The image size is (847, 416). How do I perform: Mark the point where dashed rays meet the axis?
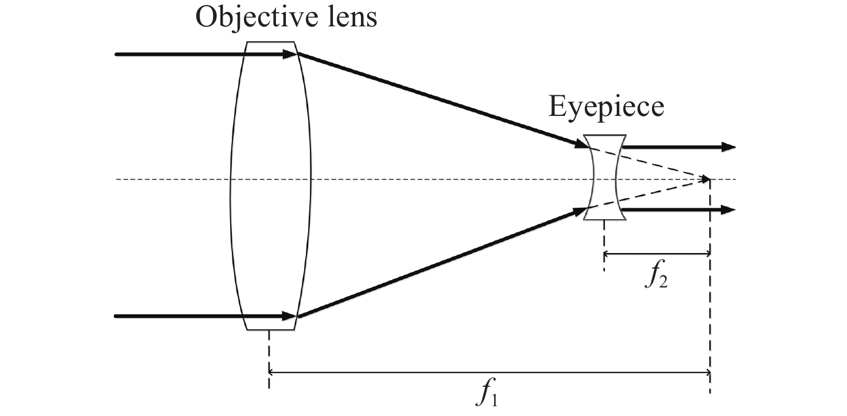pos(709,180)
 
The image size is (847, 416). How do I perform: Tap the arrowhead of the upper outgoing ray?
pos(728,147)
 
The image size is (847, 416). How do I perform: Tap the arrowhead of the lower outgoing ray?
pos(728,210)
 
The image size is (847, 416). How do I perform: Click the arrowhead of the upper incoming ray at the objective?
pos(290,55)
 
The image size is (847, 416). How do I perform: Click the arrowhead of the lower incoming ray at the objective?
pos(290,316)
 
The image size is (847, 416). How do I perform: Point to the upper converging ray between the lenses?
pos(436,97)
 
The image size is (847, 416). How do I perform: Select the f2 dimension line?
pos(657,254)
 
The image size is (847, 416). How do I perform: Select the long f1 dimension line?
pos(488,373)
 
